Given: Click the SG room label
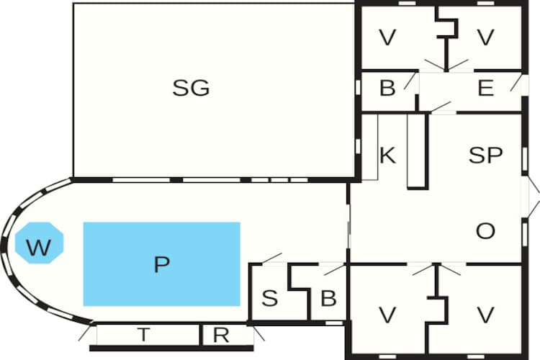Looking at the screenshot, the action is click(x=191, y=88).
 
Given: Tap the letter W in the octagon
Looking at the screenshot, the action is click(x=39, y=247).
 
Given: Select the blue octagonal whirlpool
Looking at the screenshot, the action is click(x=40, y=243).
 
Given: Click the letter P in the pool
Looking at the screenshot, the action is click(x=161, y=264).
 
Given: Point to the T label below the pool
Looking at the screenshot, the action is click(x=143, y=334).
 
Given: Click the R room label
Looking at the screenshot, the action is click(x=221, y=335).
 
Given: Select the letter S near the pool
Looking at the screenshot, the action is click(x=269, y=298).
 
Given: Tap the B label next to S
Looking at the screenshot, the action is click(x=328, y=298).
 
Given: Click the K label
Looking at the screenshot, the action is click(x=388, y=155).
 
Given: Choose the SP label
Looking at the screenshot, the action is click(x=485, y=155).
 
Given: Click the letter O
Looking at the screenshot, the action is click(x=485, y=231).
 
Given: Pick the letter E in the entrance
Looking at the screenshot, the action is click(x=485, y=88).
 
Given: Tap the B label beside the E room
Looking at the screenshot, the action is click(x=387, y=88).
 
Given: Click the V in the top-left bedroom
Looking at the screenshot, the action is click(x=387, y=37).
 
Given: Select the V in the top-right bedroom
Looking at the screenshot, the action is click(x=485, y=37).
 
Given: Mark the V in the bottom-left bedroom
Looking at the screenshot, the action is click(x=387, y=315).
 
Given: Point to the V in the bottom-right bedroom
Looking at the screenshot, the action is click(x=485, y=315).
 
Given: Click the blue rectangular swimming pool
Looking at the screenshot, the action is click(x=161, y=264).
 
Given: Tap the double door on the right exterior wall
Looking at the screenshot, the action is click(x=531, y=197).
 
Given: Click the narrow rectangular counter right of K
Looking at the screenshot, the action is click(x=418, y=151).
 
